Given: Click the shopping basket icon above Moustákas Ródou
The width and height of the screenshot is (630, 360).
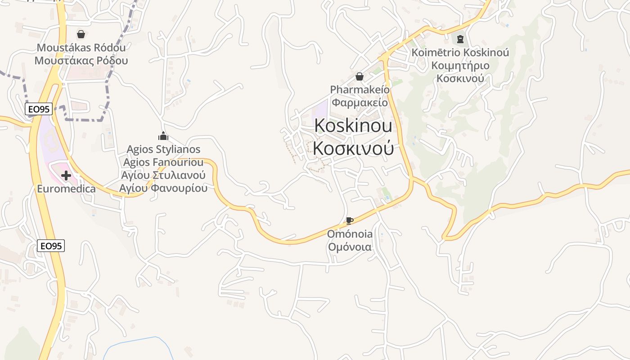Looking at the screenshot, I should [81, 34].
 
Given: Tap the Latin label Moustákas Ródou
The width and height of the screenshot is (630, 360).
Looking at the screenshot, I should [81, 48].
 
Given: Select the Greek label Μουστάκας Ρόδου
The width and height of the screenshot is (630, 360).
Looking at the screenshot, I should [81, 61].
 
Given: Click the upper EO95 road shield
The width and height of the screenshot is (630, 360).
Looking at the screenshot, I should [39, 109].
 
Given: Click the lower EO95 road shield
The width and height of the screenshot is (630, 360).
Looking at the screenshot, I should [51, 246].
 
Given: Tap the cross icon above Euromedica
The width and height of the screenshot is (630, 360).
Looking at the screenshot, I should [66, 175].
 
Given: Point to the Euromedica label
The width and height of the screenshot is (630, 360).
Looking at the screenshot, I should [66, 189].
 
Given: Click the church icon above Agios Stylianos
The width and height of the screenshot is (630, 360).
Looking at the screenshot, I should [163, 135].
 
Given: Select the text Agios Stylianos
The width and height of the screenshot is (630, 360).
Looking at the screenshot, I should [163, 149].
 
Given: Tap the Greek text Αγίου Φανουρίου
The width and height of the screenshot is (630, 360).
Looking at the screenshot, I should [163, 188].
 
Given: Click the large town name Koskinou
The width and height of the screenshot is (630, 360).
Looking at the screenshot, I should [353, 126].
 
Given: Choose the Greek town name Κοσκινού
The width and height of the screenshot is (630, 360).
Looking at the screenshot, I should [353, 148].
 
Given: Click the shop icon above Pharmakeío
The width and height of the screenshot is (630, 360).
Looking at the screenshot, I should [360, 76].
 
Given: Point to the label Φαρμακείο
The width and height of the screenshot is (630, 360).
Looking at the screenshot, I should [360, 102].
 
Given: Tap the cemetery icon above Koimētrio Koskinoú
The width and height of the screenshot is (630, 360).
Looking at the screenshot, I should [460, 39].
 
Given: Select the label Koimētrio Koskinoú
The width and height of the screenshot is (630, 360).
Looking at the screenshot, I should [460, 53].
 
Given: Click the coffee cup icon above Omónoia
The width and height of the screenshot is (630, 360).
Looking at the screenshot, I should [350, 220].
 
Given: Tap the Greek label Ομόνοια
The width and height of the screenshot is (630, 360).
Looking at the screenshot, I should [350, 247].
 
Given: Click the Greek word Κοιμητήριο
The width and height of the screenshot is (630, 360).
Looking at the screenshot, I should [460, 66].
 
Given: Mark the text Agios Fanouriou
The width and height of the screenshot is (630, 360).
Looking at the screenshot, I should [163, 162].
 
